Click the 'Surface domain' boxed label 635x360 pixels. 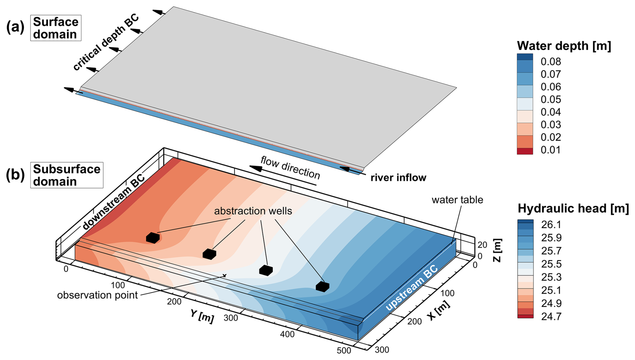(56, 28)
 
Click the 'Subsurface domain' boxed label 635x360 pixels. (66, 175)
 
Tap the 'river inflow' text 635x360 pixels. (398, 177)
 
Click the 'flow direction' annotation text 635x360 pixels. (290, 167)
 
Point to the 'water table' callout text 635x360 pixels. (457, 200)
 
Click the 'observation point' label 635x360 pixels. (97, 295)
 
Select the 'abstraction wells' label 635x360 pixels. (253, 211)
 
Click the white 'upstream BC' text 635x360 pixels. (411, 288)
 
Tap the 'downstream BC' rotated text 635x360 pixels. (113, 202)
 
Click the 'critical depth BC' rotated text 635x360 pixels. (106, 43)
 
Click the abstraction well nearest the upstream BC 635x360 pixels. (322, 287)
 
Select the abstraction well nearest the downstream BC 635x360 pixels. (153, 238)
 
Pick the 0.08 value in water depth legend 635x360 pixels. (550, 62)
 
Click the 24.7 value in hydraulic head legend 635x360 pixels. (551, 316)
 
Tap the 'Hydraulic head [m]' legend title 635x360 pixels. (573, 208)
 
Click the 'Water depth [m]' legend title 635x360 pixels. (564, 46)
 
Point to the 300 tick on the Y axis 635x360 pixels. (231, 318)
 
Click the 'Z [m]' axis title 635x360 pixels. (497, 250)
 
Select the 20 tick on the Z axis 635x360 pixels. (482, 245)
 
